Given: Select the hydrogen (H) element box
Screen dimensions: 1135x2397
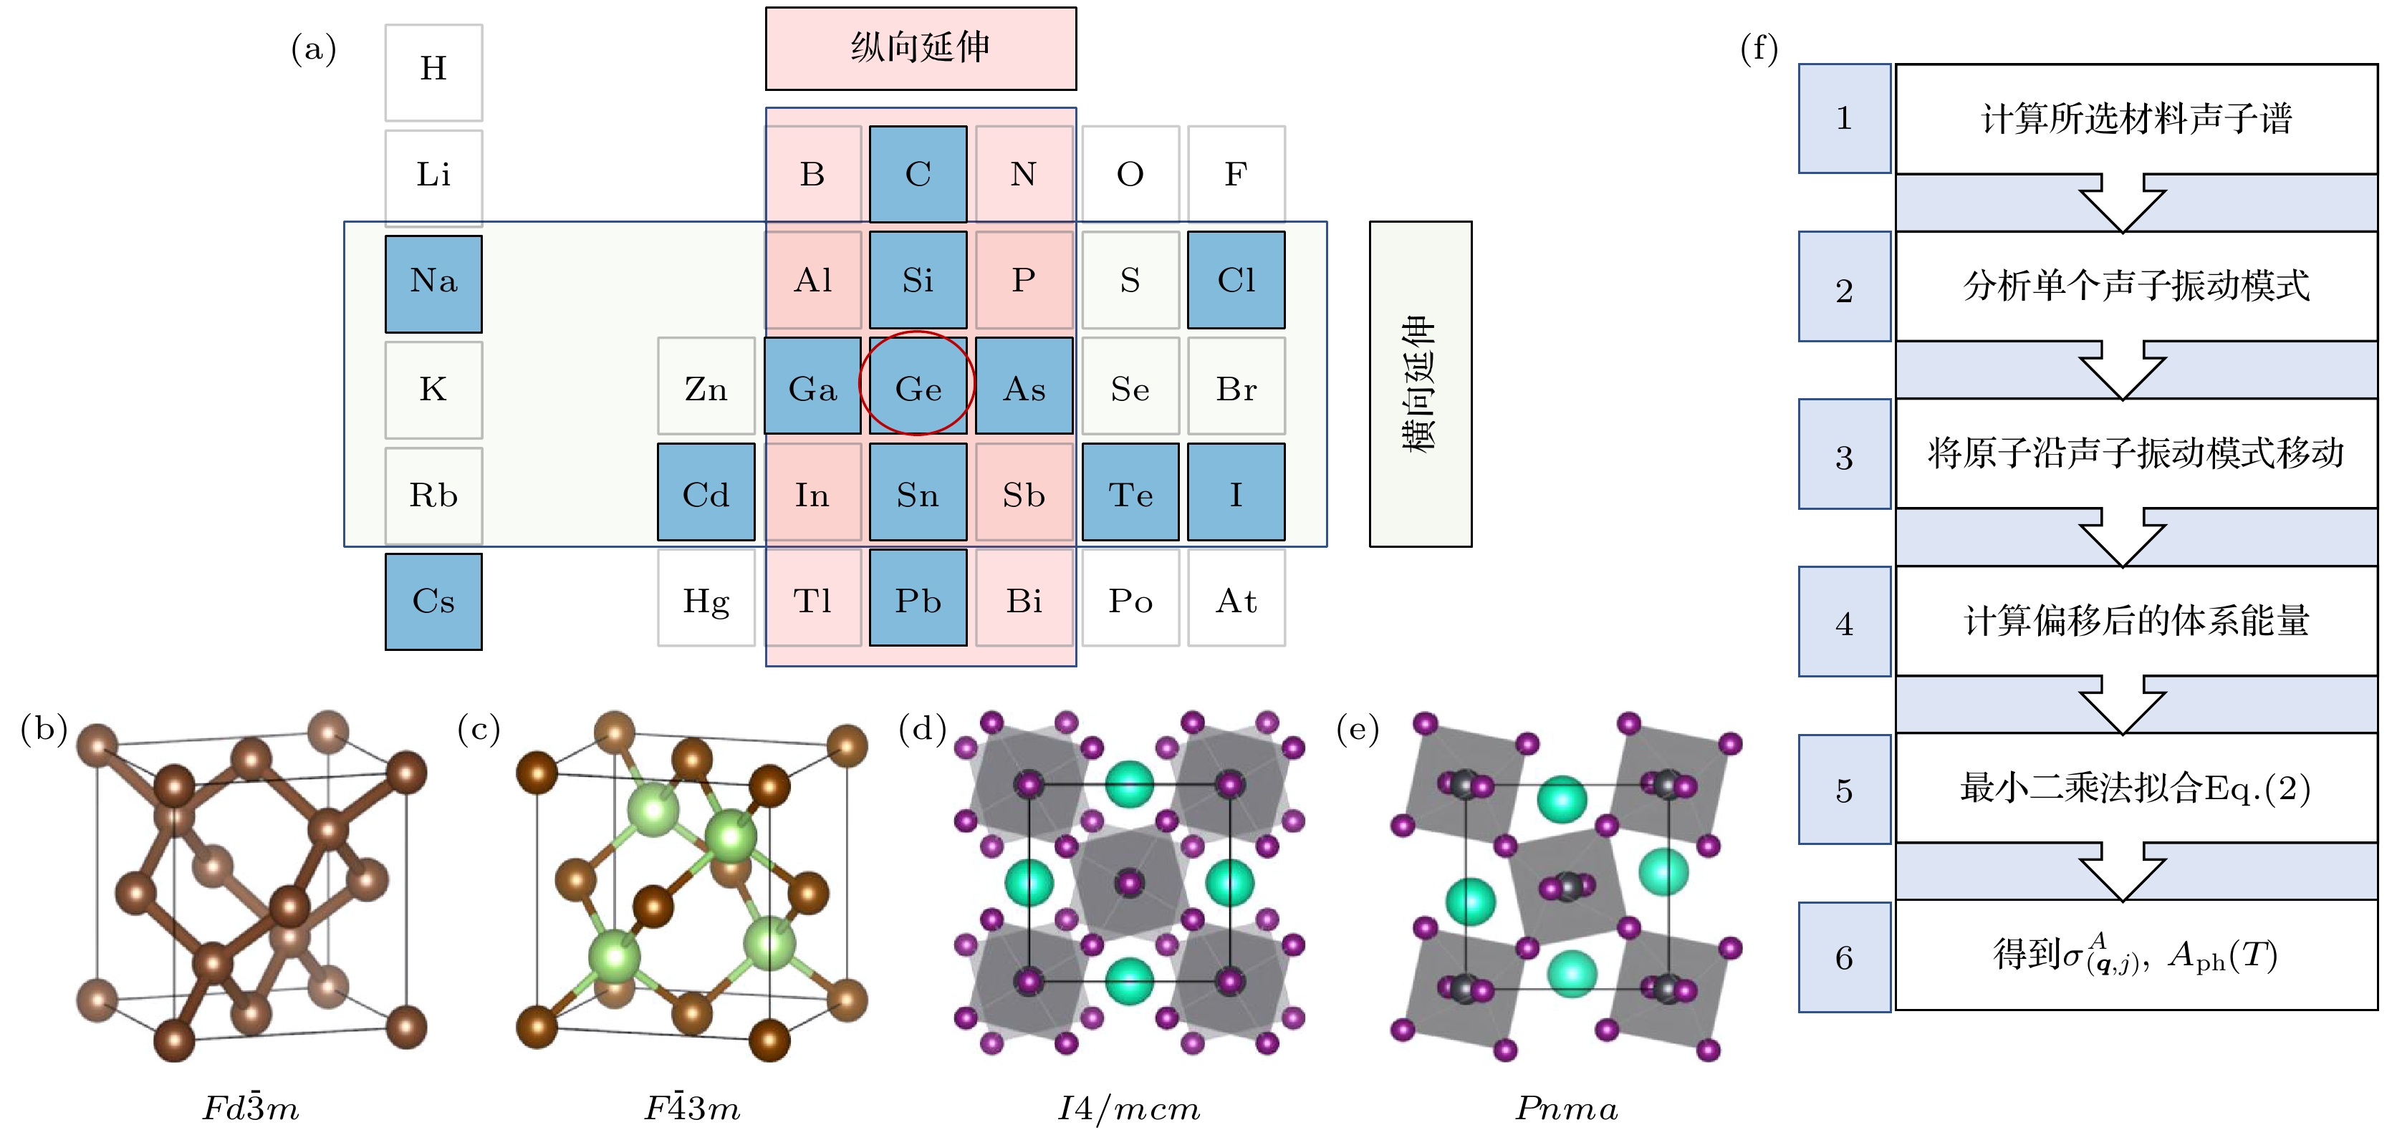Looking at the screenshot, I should point(433,72).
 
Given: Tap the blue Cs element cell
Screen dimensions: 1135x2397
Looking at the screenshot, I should point(433,601).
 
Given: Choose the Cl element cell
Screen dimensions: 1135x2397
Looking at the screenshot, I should point(1236,280).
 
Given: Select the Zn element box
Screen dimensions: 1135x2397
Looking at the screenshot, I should point(706,386).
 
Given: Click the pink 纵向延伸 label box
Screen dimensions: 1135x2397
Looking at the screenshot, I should point(921,49).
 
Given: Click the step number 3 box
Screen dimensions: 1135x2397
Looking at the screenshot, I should point(1843,454).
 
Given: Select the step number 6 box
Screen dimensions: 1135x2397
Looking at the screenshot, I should point(1843,957).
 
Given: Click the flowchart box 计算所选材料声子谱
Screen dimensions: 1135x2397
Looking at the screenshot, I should point(2136,118).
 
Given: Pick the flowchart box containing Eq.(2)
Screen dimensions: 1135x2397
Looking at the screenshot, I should point(2136,788).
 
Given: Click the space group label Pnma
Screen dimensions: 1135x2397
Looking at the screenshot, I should point(1567,1107).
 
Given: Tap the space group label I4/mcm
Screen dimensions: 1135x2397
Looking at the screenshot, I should point(1129,1107).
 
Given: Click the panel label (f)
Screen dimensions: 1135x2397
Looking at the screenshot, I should point(1759,49).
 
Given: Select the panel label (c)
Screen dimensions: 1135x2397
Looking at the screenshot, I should point(479,730).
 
